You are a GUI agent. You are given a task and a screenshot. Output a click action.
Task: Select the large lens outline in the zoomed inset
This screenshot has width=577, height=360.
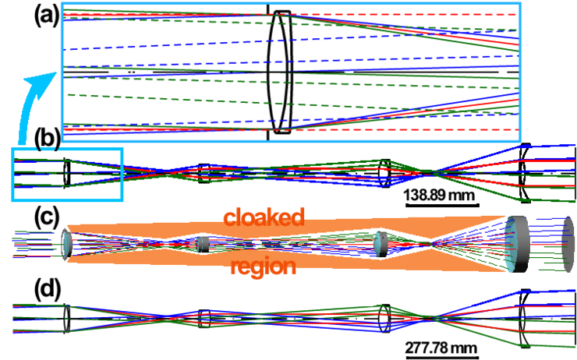click(280, 95)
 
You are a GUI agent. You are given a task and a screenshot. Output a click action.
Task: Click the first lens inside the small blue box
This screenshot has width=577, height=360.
click(68, 172)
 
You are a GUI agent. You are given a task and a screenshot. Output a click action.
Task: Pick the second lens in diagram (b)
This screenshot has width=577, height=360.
click(205, 173)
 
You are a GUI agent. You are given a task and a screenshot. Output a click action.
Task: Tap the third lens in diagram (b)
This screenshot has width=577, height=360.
click(384, 172)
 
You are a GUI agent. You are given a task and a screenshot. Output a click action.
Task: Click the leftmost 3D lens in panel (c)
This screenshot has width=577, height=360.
click(67, 243)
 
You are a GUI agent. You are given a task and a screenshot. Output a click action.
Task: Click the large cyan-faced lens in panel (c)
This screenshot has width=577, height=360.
click(516, 243)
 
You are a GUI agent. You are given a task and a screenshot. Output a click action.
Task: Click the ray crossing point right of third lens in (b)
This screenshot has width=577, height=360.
click(431, 172)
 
